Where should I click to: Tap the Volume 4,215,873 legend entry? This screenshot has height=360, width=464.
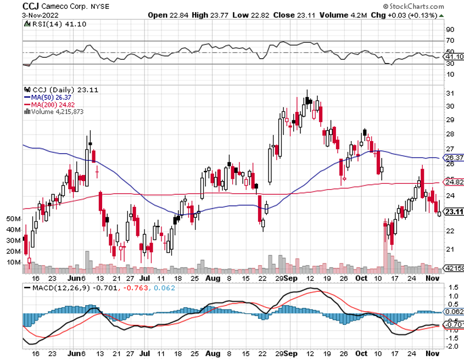point(55,111)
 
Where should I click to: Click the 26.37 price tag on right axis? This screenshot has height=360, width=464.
point(453,157)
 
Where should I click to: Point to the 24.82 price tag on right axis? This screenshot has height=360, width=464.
point(453,182)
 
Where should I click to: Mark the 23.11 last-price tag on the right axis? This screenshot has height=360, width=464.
point(454,212)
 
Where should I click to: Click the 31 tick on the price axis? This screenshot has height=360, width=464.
point(449,92)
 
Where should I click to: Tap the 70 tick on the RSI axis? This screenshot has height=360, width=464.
point(450,41)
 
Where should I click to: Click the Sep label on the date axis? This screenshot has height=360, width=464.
point(297,278)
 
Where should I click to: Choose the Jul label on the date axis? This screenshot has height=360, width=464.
point(145,278)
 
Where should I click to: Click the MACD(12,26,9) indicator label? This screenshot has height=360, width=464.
point(59,288)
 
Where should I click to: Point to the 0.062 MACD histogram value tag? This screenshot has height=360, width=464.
point(454,312)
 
